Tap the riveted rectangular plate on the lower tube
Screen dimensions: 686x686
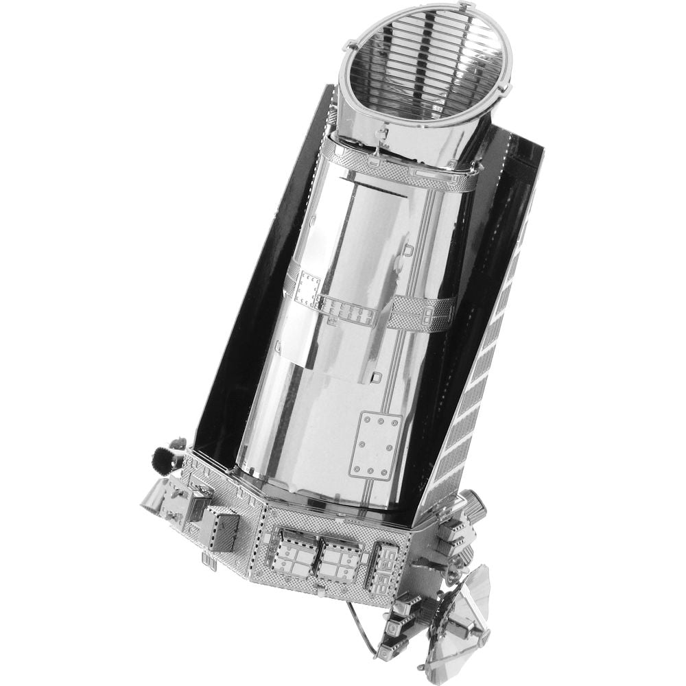pos(375,445)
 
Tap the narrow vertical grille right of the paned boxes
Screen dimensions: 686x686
pos(382,566)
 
